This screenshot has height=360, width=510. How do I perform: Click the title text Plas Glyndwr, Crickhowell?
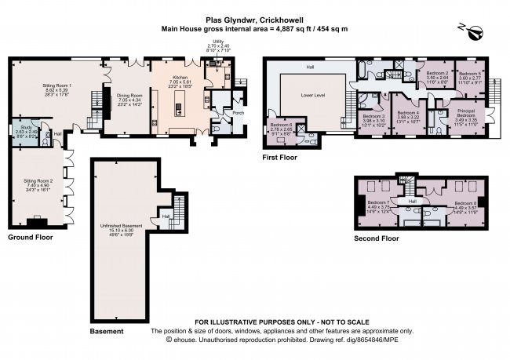tap(254, 20)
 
